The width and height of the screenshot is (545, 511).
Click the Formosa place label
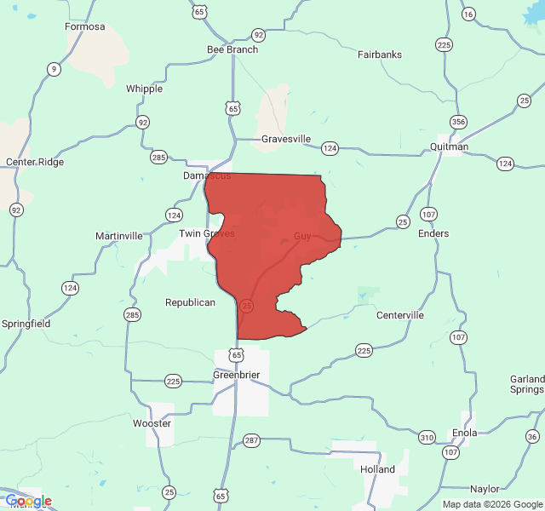coord(85,26)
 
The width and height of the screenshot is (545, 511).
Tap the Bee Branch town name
coord(232,49)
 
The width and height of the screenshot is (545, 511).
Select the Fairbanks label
coord(380,55)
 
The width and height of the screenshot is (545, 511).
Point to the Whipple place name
coord(144,89)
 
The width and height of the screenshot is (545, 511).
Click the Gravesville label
coord(286,139)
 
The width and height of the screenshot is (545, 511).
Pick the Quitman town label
coord(449,146)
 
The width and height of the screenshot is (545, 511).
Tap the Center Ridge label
coord(34,162)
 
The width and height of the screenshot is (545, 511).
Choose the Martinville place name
coord(119,236)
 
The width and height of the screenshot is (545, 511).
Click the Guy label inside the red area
coord(302,236)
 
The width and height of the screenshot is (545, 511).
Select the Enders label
coord(433,233)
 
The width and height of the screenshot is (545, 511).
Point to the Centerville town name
coord(400,315)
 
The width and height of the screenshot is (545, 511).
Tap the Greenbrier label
coord(236,375)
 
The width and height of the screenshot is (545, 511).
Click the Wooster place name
coord(152,423)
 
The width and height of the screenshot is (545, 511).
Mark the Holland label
coord(377,469)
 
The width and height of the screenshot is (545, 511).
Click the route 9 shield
coord(54,70)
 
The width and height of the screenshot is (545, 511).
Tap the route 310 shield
coord(427,437)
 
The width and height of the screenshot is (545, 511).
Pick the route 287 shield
coord(251,440)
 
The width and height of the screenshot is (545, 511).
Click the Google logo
coord(28,501)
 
